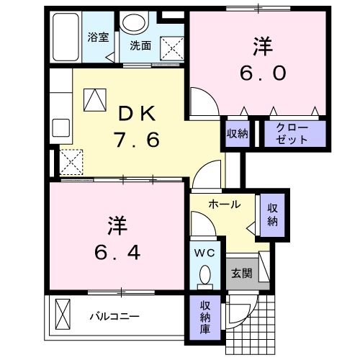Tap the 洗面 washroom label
pos(140,45)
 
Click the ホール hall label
pos(224,204)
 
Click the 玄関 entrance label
pos(240,274)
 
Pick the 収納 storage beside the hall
pos(272,214)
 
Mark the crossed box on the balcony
pos(63,315)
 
